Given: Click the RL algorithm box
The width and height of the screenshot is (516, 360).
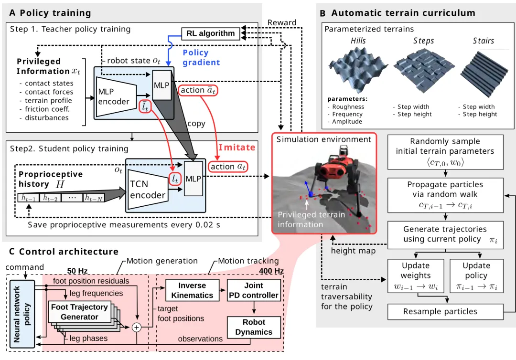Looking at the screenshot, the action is click(x=211, y=33).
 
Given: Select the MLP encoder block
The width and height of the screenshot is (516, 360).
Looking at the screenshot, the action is click(x=116, y=96).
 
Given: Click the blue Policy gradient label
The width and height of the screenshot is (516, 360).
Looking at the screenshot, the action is click(x=201, y=58).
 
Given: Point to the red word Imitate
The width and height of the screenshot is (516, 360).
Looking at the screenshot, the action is click(x=237, y=147).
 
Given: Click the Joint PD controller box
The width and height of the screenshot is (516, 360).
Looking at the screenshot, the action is click(x=254, y=290).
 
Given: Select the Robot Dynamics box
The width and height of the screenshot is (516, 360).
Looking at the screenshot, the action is click(x=254, y=327).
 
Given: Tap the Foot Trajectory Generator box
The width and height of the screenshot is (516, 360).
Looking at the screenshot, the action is click(x=80, y=312).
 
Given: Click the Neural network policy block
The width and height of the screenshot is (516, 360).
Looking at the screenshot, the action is click(x=22, y=314).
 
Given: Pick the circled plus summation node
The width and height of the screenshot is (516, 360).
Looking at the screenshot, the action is click(x=137, y=328).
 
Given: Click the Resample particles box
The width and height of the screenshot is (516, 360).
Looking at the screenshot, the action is click(x=445, y=312).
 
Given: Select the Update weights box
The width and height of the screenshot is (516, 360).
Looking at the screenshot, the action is click(x=416, y=276).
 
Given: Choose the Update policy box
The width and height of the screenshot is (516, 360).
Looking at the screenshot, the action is click(x=476, y=276).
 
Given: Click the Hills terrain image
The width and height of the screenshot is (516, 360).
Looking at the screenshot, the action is click(x=358, y=69).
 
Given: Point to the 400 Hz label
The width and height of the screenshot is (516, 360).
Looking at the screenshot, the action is click(x=271, y=271).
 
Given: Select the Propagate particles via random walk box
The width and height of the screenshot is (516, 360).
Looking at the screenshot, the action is click(x=445, y=195).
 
